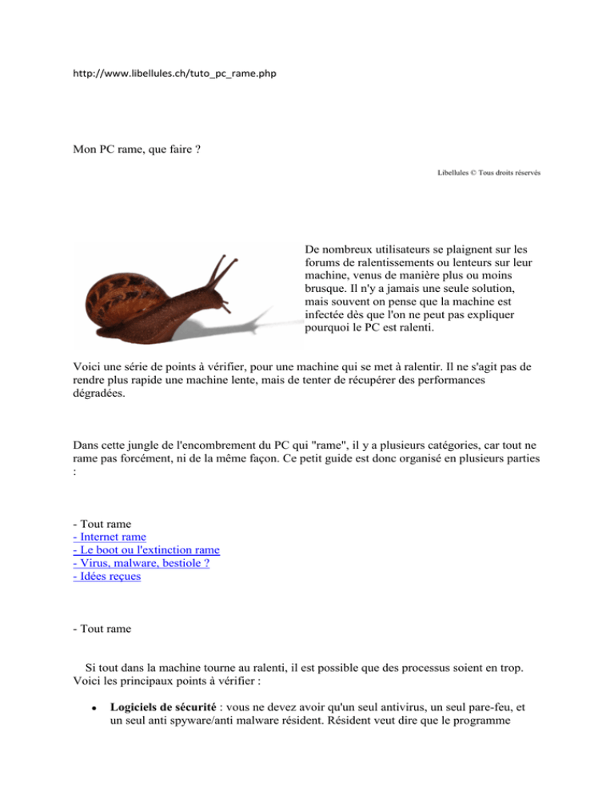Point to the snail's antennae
click(225, 267)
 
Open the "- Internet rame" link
click(109, 536)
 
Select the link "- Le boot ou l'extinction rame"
click(146, 549)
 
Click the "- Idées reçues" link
click(106, 576)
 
